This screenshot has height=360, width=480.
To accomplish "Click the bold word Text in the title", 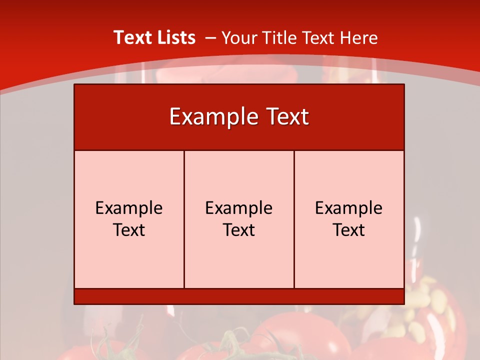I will pyautogui.click(x=131, y=37).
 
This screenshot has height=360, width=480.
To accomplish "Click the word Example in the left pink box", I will pyautogui.click(x=129, y=208).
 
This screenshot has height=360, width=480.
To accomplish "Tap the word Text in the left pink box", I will pyautogui.click(x=129, y=230).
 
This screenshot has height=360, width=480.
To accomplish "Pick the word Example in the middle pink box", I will pyautogui.click(x=239, y=208).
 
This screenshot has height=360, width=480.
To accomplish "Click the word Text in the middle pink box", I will pyautogui.click(x=239, y=230).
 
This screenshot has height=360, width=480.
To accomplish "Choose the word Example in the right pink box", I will pyautogui.click(x=349, y=208).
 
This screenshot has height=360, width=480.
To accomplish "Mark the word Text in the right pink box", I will pyautogui.click(x=349, y=230).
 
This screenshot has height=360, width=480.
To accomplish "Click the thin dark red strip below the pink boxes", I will pyautogui.click(x=239, y=296).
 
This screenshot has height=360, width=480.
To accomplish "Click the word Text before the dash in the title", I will pyautogui.click(x=131, y=37).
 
